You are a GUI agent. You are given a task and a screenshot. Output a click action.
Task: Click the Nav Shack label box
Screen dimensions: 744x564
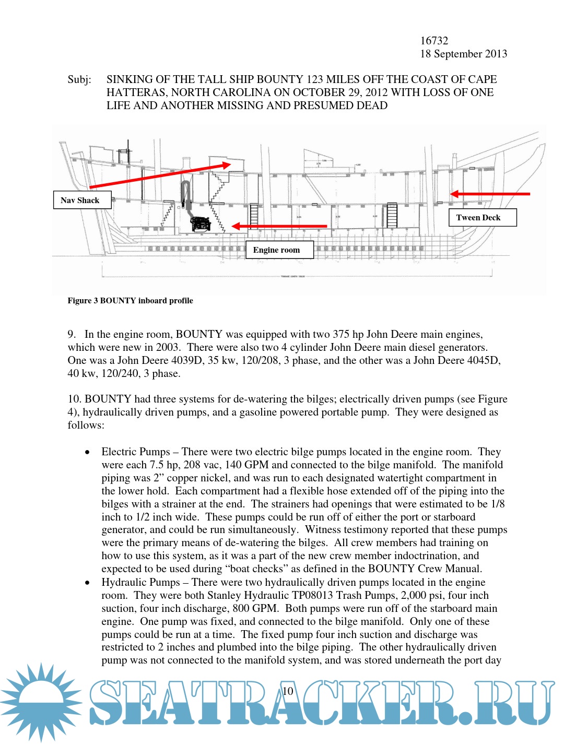coord(82,200)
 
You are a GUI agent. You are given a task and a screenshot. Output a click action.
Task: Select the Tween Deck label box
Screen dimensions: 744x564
coord(482,217)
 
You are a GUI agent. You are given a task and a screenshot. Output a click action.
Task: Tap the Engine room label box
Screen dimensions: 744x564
coord(279,250)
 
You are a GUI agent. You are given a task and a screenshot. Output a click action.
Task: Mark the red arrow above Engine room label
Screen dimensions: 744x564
coord(279,226)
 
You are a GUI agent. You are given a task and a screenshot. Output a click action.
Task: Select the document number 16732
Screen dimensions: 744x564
coord(434,41)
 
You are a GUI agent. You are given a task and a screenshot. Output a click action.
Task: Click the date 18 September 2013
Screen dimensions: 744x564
coord(463,54)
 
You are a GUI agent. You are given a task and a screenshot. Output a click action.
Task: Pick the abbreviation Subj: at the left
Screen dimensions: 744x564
coord(79,79)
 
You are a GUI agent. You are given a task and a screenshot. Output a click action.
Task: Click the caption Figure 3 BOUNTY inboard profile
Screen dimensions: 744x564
coord(130,301)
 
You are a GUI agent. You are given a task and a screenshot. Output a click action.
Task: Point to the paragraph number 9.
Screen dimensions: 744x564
coord(72,334)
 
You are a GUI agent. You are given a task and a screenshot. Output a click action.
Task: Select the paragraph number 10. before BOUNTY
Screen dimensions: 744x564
coord(75,399)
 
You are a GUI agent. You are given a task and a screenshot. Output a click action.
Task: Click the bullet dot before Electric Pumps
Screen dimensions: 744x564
coord(87,452)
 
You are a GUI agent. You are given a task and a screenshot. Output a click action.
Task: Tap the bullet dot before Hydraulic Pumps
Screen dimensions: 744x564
coord(87,583)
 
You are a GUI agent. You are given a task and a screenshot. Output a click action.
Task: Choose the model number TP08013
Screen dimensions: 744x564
coord(312,595)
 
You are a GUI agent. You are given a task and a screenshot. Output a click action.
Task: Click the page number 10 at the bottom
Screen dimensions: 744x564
coord(288,691)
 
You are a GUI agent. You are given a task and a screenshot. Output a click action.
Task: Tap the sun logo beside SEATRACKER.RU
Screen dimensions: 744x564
coord(41,701)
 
